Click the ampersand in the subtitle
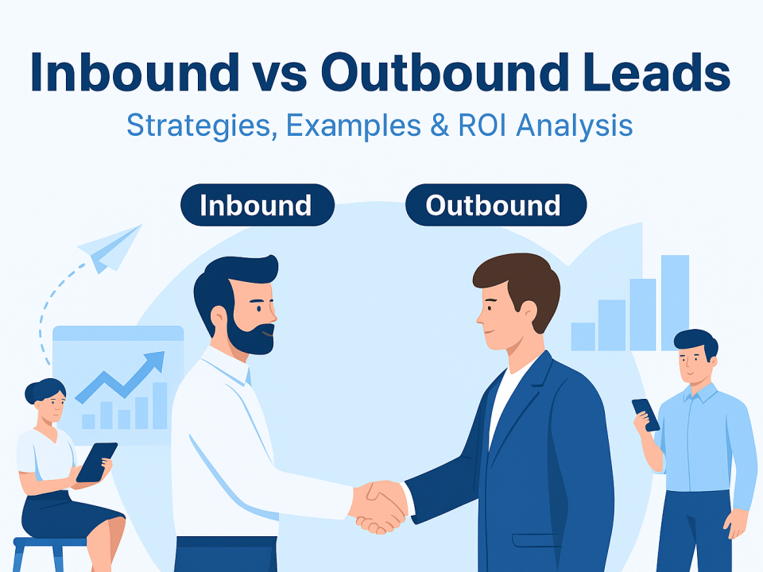[440, 125]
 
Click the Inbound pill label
[257, 205]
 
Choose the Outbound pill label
[496, 205]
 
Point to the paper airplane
[110, 248]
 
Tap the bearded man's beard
[252, 335]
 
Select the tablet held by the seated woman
[96, 462]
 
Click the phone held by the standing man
[645, 415]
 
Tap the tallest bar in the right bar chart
[675, 303]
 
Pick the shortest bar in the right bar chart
[583, 337]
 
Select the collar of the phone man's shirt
[701, 392]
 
